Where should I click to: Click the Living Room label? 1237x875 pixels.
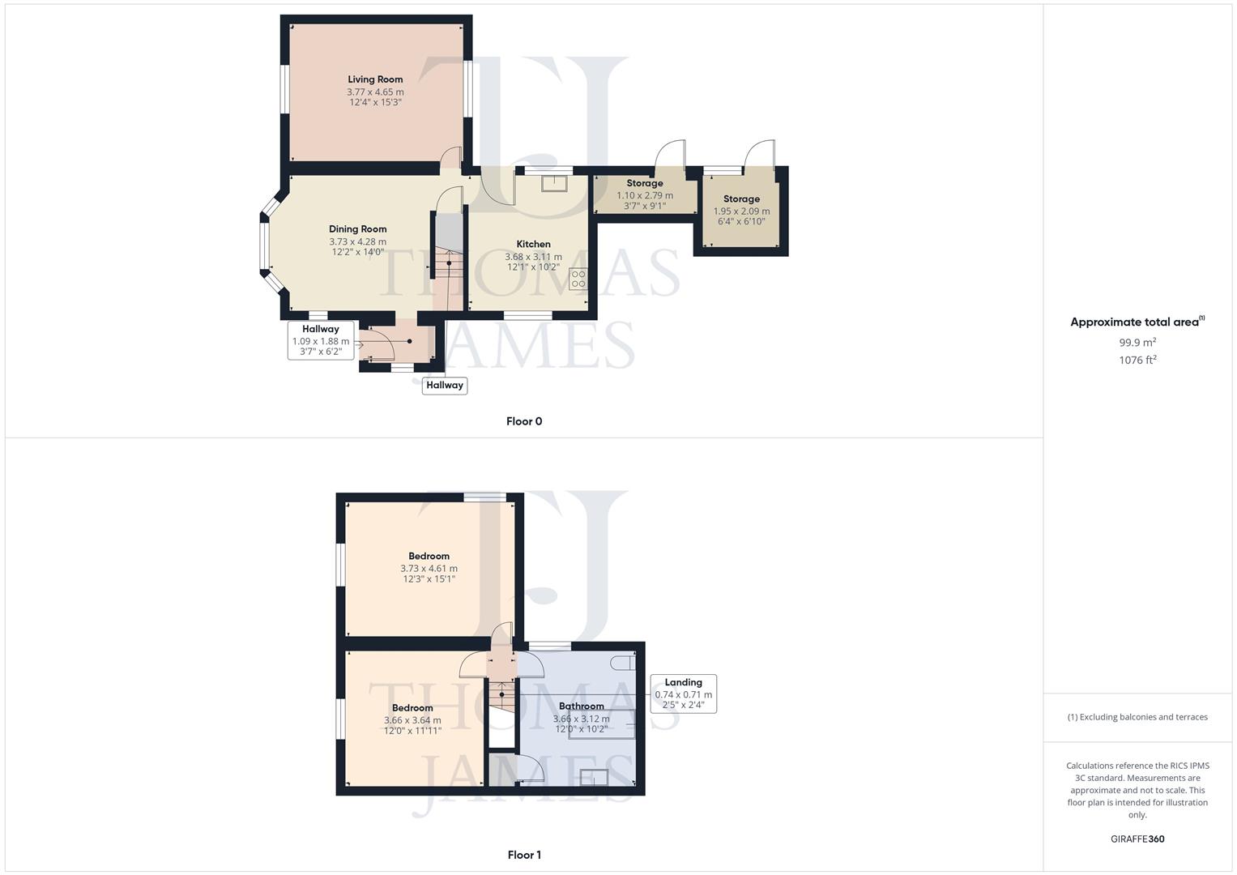pos(375,79)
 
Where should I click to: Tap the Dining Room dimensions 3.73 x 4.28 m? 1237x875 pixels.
pos(357,241)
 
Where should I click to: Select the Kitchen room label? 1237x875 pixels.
pos(533,244)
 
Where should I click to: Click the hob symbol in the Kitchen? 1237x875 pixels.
pos(578,280)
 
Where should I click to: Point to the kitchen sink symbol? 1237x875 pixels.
pos(555,182)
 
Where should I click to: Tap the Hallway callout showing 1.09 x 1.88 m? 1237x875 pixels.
pos(321,340)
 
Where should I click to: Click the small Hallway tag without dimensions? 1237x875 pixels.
pos(445,386)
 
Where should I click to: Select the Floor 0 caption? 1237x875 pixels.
pos(524,421)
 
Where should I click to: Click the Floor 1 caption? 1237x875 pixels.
pos(524,855)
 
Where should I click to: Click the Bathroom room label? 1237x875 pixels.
pos(581,706)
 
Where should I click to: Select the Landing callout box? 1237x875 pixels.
pos(683,694)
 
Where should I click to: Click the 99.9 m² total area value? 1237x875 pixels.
pos(1137,343)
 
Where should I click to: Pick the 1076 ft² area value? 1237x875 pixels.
pos(1137,361)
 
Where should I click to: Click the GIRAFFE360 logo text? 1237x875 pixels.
pos(1137,839)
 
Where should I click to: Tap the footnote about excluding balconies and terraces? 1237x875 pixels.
pos(1137,717)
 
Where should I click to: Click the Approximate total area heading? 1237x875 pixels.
pos(1136,322)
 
